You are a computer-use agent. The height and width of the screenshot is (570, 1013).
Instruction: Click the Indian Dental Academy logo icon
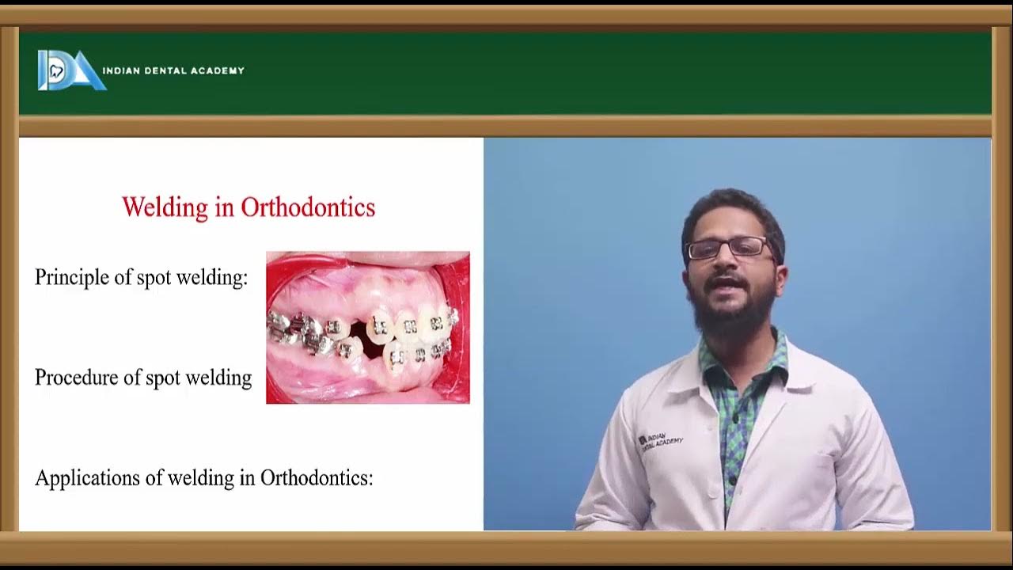[70, 70]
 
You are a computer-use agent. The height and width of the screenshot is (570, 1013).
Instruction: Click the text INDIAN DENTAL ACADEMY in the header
[173, 70]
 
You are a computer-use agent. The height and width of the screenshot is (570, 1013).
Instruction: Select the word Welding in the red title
[165, 207]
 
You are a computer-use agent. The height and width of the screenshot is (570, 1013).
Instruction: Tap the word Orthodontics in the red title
[308, 207]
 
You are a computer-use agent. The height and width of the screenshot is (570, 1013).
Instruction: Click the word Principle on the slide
[66, 278]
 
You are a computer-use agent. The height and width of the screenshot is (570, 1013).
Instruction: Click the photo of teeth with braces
[367, 327]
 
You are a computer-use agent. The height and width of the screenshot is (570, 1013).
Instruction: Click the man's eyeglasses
[727, 248]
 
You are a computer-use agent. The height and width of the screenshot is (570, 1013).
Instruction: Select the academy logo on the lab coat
[661, 439]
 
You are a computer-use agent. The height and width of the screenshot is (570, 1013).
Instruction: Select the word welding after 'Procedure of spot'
[218, 378]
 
